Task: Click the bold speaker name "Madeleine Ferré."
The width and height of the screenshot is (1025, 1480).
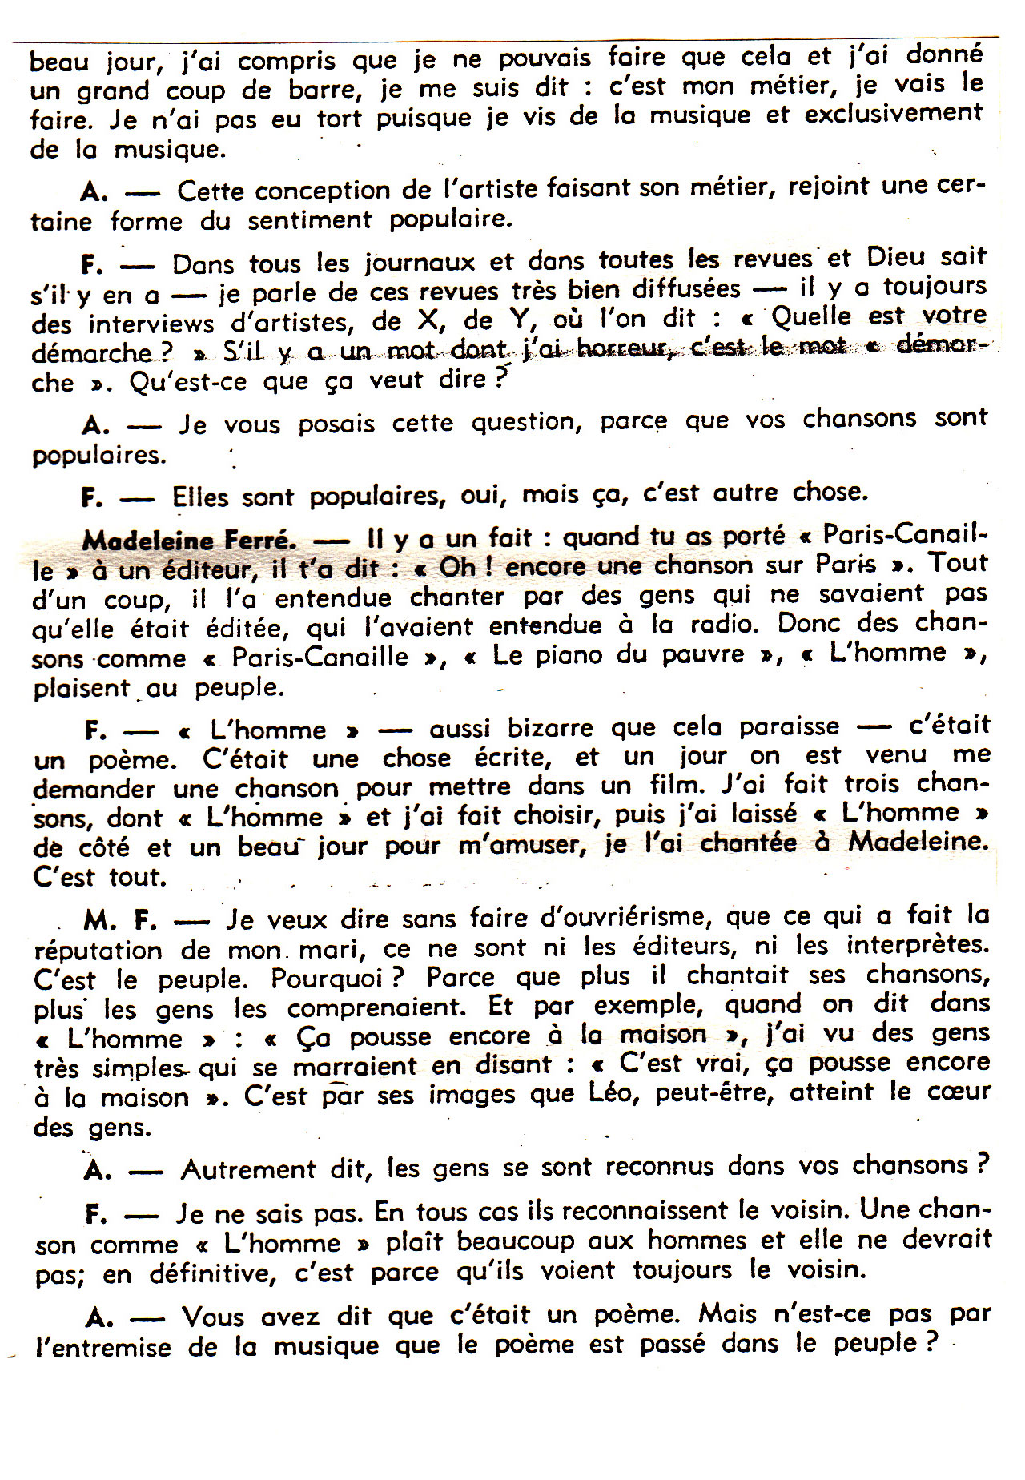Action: pos(189,541)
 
